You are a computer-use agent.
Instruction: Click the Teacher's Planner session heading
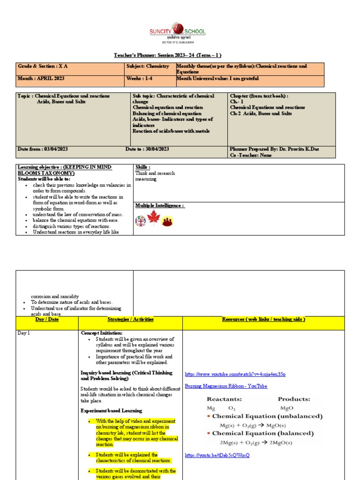(165, 55)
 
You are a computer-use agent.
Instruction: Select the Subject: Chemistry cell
(148, 67)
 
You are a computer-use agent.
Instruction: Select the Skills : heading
(143, 167)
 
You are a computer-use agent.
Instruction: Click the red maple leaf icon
(154, 218)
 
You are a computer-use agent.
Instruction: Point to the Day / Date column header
(46, 320)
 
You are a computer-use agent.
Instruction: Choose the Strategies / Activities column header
(130, 320)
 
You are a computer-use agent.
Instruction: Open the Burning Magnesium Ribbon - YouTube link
(226, 386)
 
